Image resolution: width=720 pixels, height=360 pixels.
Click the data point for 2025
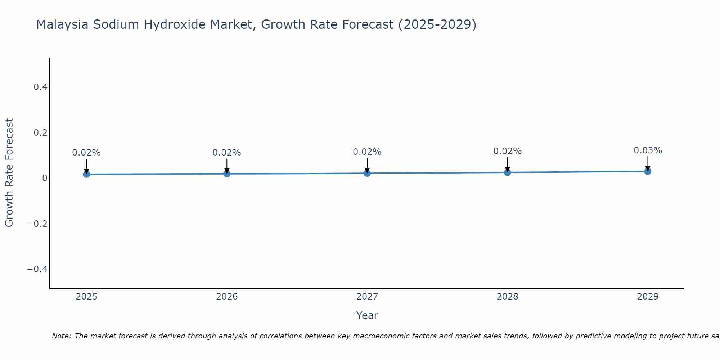[86, 174]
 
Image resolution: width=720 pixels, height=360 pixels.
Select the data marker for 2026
[227, 174]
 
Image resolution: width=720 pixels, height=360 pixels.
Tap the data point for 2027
[367, 173]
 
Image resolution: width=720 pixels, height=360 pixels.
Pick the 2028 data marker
[507, 172]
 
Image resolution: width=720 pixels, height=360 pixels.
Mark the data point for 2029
[648, 171]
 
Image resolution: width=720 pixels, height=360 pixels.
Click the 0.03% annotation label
[648, 150]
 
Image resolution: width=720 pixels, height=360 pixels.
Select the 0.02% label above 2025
[86, 153]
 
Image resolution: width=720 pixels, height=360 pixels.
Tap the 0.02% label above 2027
[367, 152]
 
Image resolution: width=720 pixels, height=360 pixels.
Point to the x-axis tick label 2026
[227, 297]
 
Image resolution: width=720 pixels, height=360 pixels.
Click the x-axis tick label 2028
[507, 297]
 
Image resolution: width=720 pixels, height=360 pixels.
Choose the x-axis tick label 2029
[648, 297]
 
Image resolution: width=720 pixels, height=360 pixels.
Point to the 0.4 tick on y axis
[40, 87]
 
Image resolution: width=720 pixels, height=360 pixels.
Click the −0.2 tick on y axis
[37, 224]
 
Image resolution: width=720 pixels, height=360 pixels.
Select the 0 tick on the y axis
[45, 178]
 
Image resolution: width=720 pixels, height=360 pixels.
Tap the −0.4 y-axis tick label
[37, 269]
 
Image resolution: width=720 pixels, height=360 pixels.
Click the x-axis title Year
[367, 315]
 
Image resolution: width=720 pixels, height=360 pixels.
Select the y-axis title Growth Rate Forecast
[9, 173]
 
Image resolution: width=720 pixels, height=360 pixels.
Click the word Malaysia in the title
[62, 24]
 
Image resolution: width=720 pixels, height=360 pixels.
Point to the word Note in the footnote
[61, 336]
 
